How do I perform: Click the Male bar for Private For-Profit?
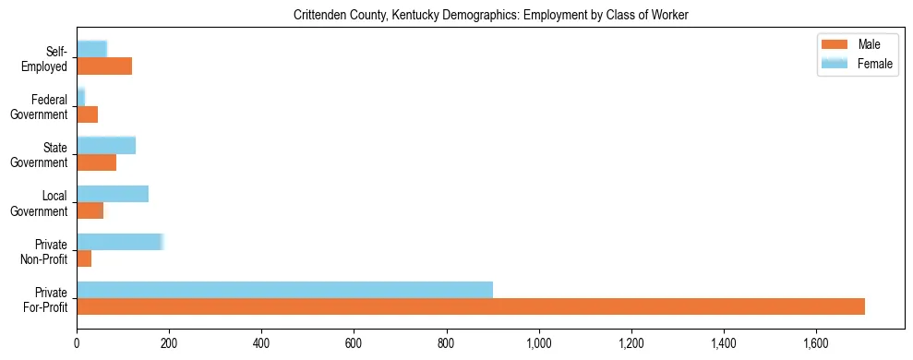[471, 306]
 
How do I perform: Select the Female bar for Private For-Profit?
[284, 289]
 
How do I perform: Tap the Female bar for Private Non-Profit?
[120, 242]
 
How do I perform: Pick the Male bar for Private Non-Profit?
[84, 258]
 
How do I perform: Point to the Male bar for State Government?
[96, 162]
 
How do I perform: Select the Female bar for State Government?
[106, 145]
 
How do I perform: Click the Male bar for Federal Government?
[87, 114]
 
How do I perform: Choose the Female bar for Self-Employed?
[91, 49]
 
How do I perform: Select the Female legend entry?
[855, 64]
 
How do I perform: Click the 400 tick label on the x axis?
[261, 343]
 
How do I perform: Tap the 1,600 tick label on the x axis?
[816, 343]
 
